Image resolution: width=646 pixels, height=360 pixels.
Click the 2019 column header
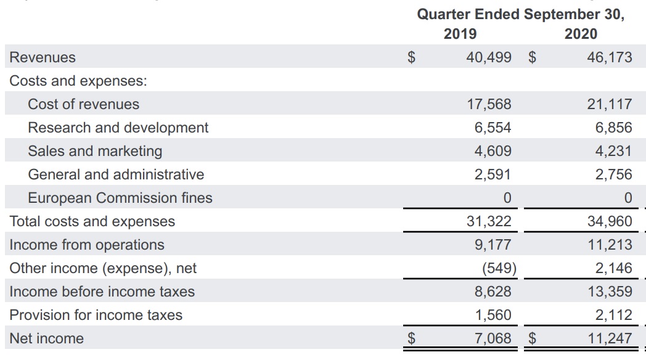460,34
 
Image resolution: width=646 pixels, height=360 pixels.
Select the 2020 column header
581,34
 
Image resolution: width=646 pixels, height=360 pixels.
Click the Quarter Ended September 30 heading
521,14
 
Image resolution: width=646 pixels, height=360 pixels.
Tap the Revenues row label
43,57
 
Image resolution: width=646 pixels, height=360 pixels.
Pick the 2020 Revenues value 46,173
609,57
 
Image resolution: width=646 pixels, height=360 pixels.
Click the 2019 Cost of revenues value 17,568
489,104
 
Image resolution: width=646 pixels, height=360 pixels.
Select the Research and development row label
118,128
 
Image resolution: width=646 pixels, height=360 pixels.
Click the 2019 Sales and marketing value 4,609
493,151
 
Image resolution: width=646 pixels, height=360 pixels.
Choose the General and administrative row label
116,174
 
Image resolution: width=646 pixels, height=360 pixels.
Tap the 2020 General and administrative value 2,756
613,174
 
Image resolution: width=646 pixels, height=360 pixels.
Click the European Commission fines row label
120,198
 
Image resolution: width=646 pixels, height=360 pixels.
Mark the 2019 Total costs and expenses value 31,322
489,221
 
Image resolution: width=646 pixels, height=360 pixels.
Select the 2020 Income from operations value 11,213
609,245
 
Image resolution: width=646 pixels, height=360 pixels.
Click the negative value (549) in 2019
496,268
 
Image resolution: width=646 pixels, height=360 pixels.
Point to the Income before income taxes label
102,292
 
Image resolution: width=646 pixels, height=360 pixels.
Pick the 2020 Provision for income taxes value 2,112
613,315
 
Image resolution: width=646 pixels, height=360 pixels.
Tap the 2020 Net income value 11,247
609,338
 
